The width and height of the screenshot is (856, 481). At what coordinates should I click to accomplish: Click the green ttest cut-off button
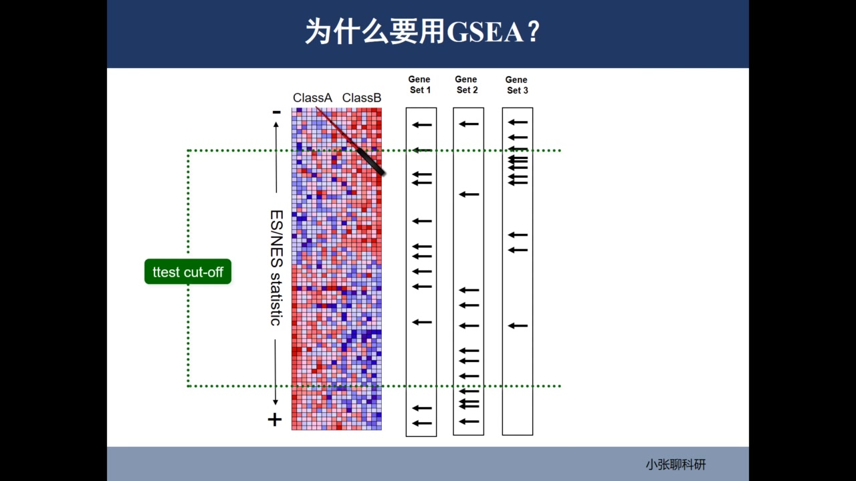pyautogui.click(x=188, y=272)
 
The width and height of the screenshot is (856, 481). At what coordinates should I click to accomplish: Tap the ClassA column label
pyautogui.click(x=312, y=98)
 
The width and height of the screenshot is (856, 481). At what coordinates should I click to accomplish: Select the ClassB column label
pyautogui.click(x=362, y=98)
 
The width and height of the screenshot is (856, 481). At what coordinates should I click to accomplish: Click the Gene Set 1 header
pyautogui.click(x=420, y=85)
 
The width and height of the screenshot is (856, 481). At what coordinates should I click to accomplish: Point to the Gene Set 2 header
pyautogui.click(x=467, y=85)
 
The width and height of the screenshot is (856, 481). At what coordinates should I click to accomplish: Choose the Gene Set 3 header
pyautogui.click(x=516, y=85)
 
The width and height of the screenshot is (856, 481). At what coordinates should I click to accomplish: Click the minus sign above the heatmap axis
pyautogui.click(x=276, y=112)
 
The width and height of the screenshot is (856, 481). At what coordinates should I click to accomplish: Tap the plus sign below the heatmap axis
pyautogui.click(x=275, y=420)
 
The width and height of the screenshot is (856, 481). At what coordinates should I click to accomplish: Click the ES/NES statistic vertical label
pyautogui.click(x=276, y=268)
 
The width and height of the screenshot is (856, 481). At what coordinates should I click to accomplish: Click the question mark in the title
pyautogui.click(x=533, y=32)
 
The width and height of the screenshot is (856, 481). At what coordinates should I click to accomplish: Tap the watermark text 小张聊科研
pyautogui.click(x=675, y=465)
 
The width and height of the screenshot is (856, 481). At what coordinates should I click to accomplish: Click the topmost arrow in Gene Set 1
pyautogui.click(x=422, y=124)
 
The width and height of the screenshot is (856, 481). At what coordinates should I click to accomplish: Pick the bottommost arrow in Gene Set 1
pyautogui.click(x=422, y=423)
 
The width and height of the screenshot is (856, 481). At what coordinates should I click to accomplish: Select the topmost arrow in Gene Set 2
pyautogui.click(x=469, y=124)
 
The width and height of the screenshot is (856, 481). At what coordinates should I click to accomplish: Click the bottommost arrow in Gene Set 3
pyautogui.click(x=518, y=325)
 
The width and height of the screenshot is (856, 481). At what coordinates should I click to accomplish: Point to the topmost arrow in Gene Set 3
pyautogui.click(x=518, y=122)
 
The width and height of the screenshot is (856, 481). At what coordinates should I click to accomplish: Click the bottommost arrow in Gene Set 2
pyautogui.click(x=469, y=422)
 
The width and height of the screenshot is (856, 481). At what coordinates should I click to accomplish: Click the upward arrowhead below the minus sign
pyautogui.click(x=276, y=125)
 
